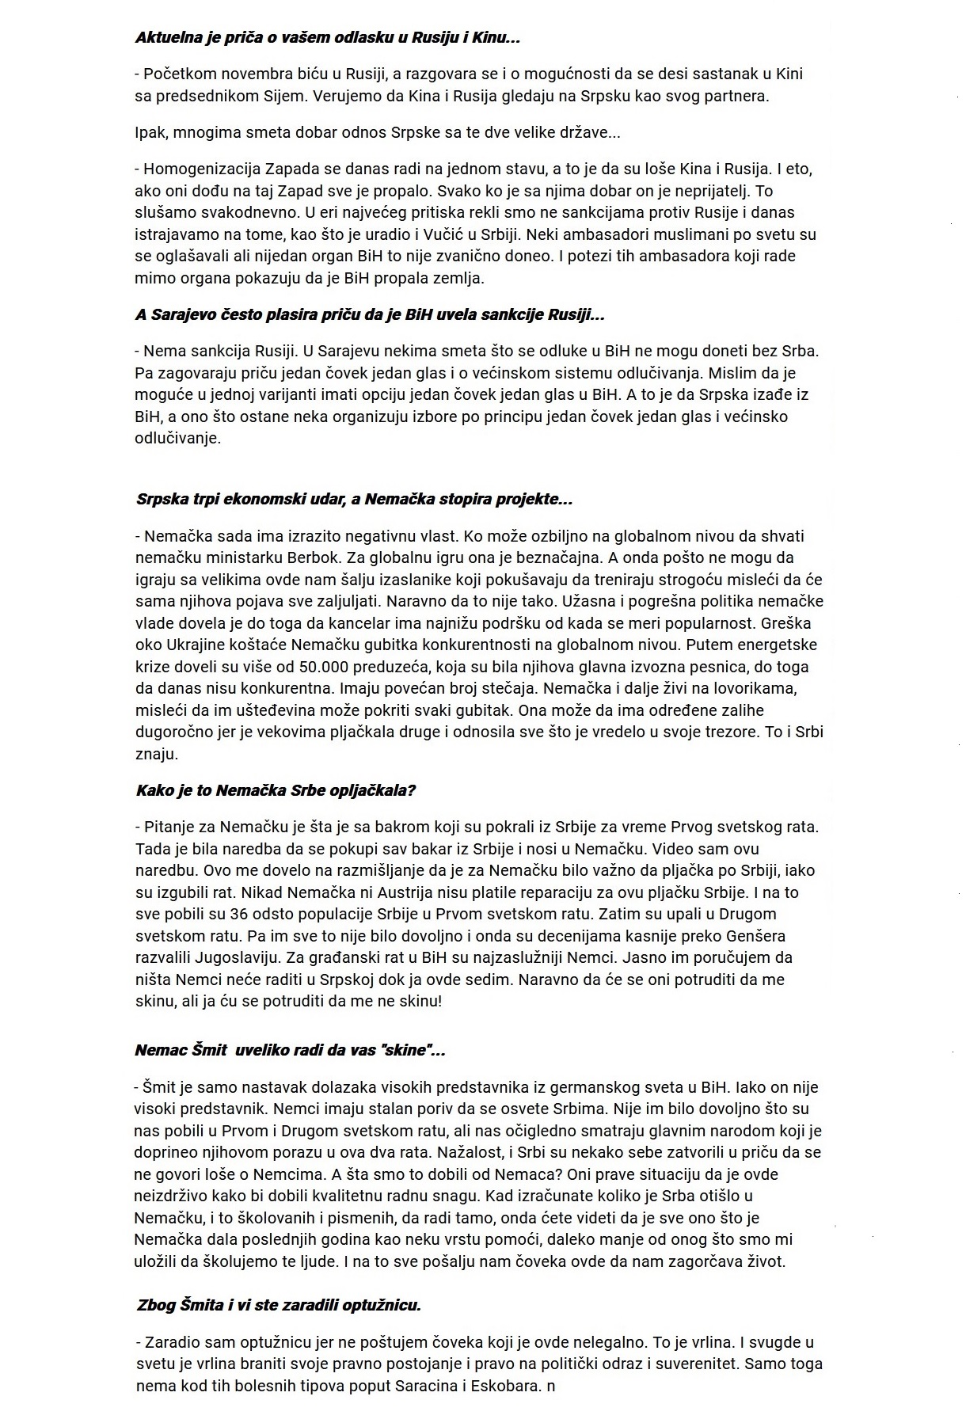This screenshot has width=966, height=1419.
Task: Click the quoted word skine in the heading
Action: click(x=406, y=1051)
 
